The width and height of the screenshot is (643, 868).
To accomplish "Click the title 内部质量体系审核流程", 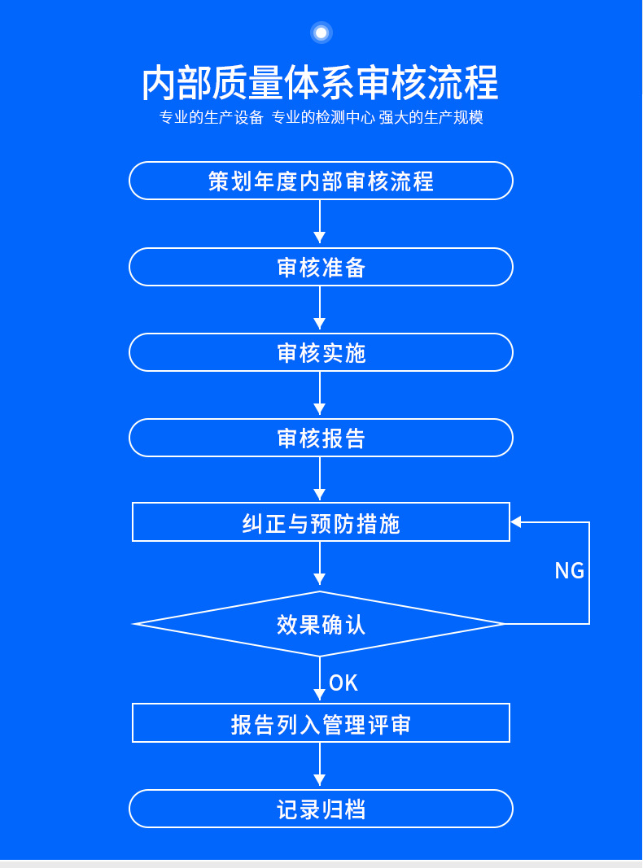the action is [x=321, y=83].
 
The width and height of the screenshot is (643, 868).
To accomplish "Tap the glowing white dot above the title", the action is [x=321, y=33].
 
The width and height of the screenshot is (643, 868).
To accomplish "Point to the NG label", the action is [x=570, y=571].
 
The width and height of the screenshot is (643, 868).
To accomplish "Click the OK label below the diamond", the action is [x=343, y=683].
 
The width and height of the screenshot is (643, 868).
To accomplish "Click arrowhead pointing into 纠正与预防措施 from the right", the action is [x=515, y=522].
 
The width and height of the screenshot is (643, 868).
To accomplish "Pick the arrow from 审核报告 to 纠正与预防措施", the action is [x=320, y=479].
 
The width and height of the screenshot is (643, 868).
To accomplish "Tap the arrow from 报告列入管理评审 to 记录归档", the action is [x=320, y=765].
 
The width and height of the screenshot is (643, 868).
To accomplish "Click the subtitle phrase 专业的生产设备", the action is [x=211, y=117].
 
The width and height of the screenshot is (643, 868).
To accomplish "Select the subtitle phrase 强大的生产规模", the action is [x=431, y=117].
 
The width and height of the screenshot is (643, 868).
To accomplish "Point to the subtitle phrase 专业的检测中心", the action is [x=323, y=117].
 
